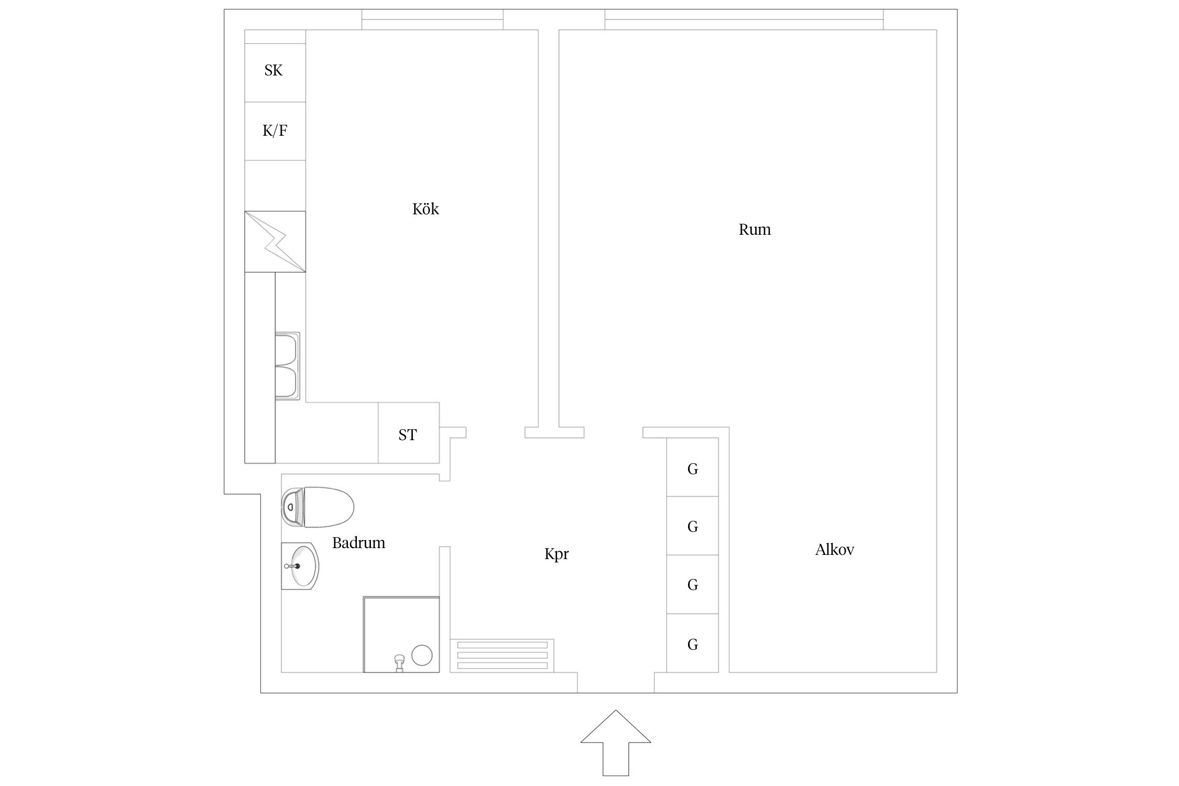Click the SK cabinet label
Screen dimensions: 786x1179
(274, 70)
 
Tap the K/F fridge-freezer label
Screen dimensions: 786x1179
(275, 130)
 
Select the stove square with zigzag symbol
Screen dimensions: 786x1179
(275, 242)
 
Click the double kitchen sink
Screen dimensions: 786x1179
(287, 366)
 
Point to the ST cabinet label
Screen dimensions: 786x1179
(408, 435)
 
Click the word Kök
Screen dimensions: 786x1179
(425, 209)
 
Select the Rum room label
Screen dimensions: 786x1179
(755, 230)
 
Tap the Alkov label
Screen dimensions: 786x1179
(834, 550)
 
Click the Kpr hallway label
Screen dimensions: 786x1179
(556, 554)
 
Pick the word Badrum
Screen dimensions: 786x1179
(358, 543)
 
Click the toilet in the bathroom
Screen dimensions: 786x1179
(318, 507)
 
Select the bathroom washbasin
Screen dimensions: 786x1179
(301, 566)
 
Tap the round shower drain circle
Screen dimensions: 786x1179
(422, 655)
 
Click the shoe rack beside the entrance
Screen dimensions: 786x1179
(502, 655)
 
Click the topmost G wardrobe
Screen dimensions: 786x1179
(692, 469)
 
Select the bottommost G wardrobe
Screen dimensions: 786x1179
(692, 645)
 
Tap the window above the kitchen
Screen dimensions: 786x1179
(432, 20)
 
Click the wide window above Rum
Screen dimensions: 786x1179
(744, 20)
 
